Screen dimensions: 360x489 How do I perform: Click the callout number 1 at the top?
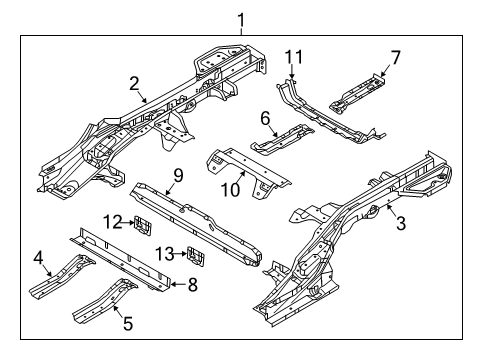(x=239, y=19)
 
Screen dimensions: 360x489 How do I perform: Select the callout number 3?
(x=402, y=224)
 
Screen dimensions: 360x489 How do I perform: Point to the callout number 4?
(x=39, y=264)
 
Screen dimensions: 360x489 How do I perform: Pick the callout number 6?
(x=266, y=119)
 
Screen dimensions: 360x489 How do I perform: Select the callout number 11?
(x=292, y=54)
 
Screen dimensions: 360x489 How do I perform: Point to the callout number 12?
(x=114, y=221)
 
